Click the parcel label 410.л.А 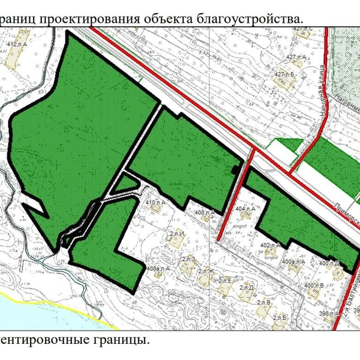coord(155,203)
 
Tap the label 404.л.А coord(246,209)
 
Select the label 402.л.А coord(271,245)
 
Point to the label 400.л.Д coord(329,263)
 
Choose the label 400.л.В coord(314,285)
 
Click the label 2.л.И coord(176,232)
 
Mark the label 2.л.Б coord(280,316)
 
